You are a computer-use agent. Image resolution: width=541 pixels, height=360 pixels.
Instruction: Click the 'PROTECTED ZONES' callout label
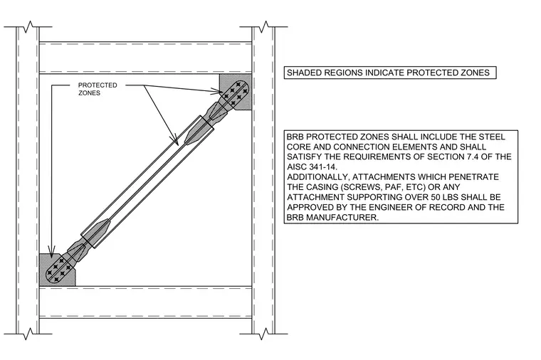coord(98,89)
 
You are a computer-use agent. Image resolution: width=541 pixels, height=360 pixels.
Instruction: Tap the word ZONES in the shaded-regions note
coord(476,73)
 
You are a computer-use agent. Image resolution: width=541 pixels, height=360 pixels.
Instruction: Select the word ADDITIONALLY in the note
coord(317,177)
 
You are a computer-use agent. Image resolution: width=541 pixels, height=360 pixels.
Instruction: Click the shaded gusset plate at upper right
coord(235,91)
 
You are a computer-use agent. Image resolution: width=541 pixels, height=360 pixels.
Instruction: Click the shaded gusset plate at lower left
coord(57,270)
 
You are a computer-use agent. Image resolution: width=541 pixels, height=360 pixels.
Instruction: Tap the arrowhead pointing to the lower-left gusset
coord(51,252)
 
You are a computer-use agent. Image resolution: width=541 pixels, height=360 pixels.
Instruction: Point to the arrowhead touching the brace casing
coord(175,141)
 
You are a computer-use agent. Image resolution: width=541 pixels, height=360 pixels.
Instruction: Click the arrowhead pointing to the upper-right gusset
coord(218,91)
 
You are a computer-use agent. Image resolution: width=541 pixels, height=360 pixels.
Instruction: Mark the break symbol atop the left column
coord(28,26)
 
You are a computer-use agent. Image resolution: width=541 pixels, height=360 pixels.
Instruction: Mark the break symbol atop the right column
coord(264,26)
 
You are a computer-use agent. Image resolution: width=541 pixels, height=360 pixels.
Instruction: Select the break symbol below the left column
coord(28,334)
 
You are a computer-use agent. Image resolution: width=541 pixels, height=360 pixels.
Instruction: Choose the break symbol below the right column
coord(264,334)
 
